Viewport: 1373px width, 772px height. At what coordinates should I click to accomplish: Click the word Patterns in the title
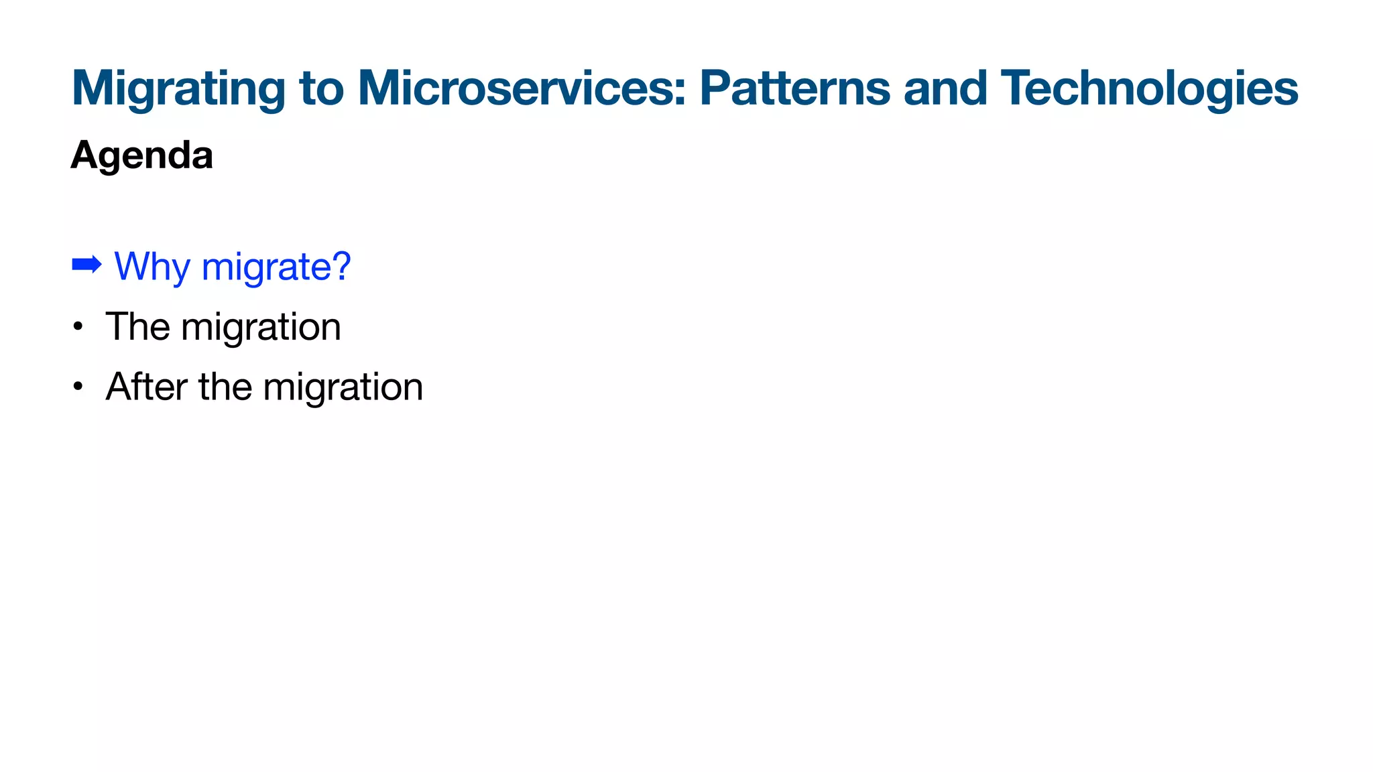click(x=795, y=88)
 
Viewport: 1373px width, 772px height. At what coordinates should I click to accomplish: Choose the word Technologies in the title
click(x=1149, y=88)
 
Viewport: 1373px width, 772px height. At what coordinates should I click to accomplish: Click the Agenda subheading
click(x=142, y=155)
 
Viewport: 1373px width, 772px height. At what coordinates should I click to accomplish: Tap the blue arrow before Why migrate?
click(x=86, y=265)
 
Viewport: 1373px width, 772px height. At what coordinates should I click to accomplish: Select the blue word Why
click(x=153, y=267)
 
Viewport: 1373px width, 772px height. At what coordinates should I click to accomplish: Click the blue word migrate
click(x=265, y=267)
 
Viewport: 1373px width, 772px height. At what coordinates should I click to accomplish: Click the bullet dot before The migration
click(x=78, y=327)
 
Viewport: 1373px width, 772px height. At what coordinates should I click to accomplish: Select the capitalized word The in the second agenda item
click(x=137, y=327)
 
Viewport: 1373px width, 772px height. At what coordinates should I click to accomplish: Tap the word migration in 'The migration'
click(x=261, y=327)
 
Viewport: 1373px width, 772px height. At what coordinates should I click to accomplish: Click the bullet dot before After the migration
click(x=78, y=387)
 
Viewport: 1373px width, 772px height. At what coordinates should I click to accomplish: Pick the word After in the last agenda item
click(x=146, y=387)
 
